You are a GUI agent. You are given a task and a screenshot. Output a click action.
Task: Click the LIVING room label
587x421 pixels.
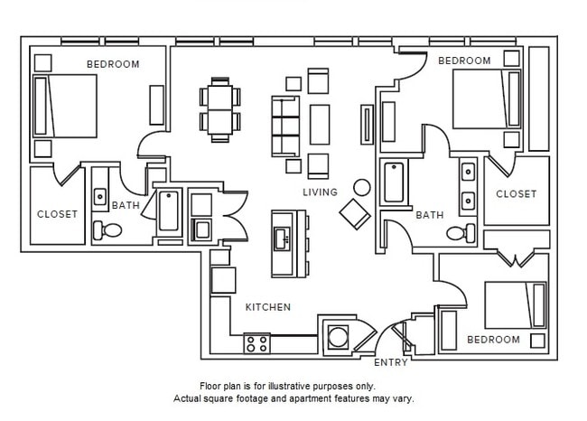pos(320,192)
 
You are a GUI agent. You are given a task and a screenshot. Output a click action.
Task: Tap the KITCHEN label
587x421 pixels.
pos(268,307)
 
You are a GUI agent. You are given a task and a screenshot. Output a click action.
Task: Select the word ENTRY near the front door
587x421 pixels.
pos(390,363)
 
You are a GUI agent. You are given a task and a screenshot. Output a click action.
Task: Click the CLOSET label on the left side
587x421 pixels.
pos(56,214)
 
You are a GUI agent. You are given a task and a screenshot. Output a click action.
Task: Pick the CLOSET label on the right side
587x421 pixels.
pos(516,193)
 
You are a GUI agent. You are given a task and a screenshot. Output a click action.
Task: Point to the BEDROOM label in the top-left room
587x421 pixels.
pos(113,64)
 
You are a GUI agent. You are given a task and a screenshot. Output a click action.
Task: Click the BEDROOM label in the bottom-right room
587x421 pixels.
pos(493,340)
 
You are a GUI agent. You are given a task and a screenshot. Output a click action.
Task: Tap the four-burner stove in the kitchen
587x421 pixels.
pos(256,343)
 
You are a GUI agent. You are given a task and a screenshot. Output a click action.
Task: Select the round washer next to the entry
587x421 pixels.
pos(338,336)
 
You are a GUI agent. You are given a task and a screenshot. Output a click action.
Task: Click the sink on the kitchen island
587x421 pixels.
pos(282,238)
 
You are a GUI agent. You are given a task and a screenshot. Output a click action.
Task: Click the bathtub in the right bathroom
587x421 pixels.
pos(395,182)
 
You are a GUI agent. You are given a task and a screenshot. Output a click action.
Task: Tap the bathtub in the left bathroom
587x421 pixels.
pos(169,212)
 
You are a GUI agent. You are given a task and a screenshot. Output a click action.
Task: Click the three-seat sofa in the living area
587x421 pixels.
pos(285,126)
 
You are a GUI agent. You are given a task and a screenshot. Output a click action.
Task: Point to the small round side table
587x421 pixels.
pos(362,188)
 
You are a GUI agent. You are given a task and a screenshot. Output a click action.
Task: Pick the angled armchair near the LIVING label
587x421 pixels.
pos(354,213)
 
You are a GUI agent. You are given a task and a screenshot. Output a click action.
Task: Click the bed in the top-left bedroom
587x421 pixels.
pos(65,106)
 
